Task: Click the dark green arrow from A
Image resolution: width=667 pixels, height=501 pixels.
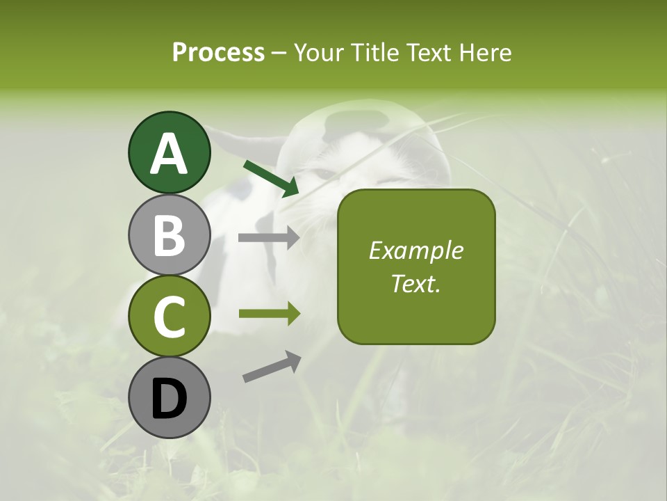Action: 271,178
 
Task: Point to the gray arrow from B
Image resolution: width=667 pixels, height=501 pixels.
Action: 269,238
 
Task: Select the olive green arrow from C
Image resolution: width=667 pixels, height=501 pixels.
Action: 269,314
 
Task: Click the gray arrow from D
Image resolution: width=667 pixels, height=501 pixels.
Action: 272,367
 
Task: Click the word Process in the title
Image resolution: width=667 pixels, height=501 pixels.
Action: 218,52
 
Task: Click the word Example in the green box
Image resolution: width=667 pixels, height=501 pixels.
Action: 416,250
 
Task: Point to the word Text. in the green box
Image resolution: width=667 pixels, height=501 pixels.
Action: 416,283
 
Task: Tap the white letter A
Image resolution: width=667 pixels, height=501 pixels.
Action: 170,154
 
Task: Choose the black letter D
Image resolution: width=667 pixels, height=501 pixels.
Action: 170,399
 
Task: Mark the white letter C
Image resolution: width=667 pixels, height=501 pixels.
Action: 170,317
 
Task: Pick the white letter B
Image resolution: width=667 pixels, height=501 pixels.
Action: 170,235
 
